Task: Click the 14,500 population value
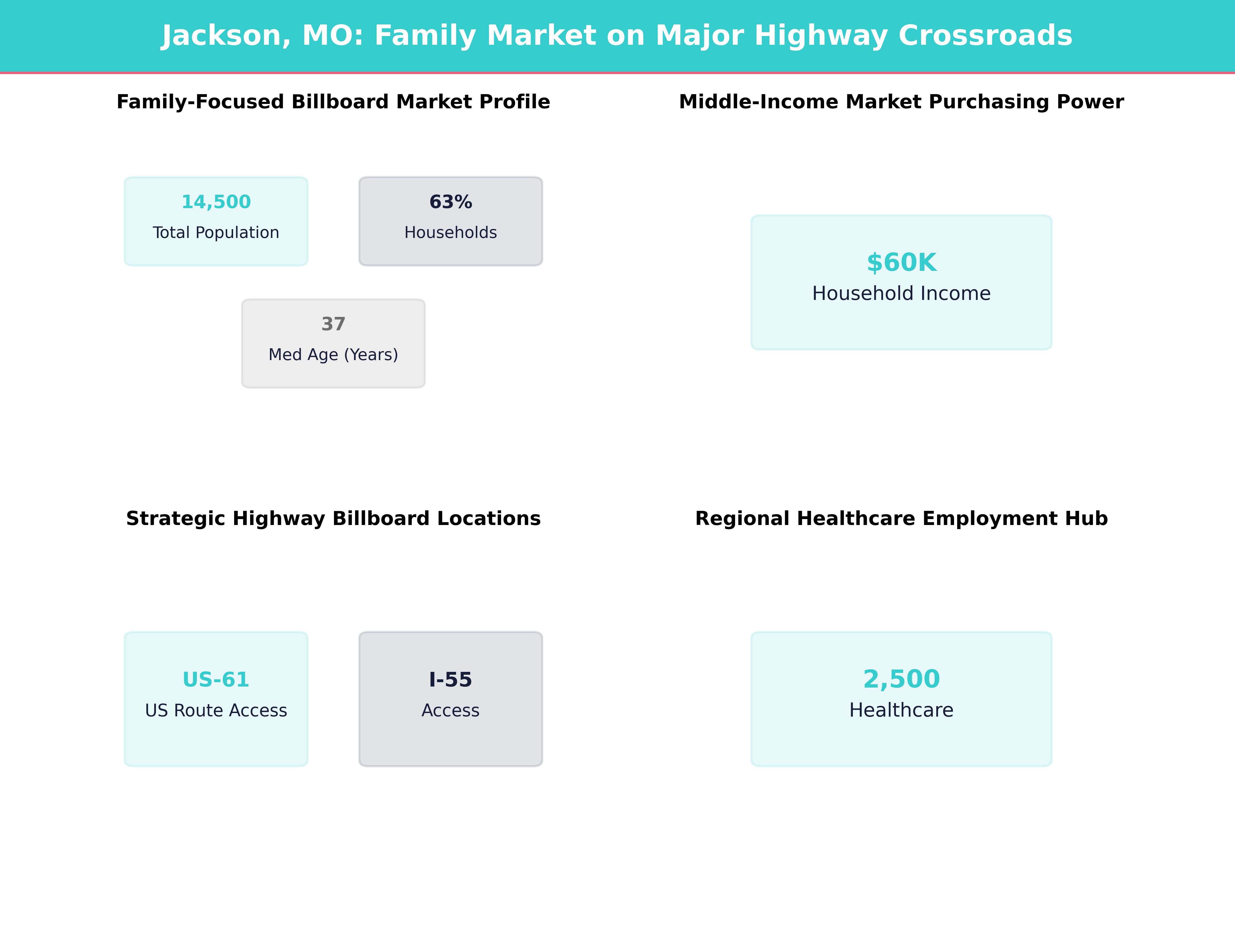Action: click(x=216, y=202)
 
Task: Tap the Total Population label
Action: click(x=216, y=233)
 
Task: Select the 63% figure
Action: click(x=451, y=202)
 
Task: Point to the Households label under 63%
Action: click(x=451, y=233)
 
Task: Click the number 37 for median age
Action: click(x=333, y=324)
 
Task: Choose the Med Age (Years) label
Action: click(x=333, y=355)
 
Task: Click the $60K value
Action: click(x=901, y=263)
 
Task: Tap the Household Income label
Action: click(x=901, y=293)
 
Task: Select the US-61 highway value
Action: click(x=216, y=680)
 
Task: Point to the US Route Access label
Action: click(x=216, y=710)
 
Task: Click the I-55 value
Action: click(x=451, y=680)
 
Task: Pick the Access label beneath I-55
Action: click(x=451, y=710)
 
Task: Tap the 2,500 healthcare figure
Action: click(x=901, y=679)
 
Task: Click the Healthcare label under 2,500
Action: click(x=901, y=710)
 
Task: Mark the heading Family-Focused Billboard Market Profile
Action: click(x=333, y=102)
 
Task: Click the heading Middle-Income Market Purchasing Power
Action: click(x=901, y=102)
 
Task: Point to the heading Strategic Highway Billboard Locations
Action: click(x=333, y=519)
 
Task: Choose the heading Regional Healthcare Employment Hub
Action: click(x=901, y=519)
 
